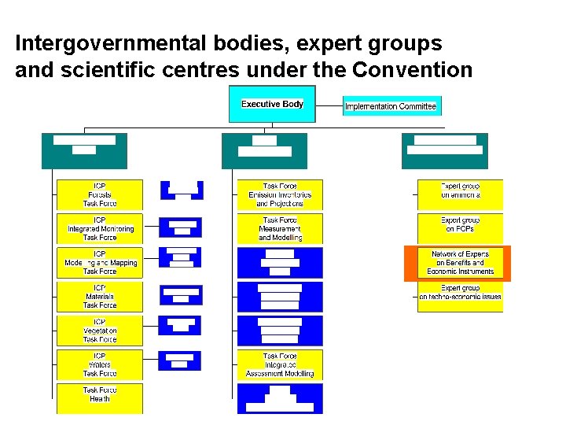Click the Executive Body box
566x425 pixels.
coord(272,105)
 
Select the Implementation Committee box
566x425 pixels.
coord(390,106)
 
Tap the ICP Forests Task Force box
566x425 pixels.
coord(100,194)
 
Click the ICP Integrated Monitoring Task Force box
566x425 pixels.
coord(100,228)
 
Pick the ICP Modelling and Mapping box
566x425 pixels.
coord(100,262)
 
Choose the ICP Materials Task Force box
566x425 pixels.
coord(100,296)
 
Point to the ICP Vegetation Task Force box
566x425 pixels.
coord(100,331)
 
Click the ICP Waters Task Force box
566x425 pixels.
coord(100,364)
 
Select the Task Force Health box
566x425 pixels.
coord(100,395)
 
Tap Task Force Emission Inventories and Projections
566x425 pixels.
coord(280,194)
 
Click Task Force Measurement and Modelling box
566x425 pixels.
coord(280,228)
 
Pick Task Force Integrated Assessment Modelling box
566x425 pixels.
coord(280,364)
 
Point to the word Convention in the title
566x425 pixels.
coord(413,70)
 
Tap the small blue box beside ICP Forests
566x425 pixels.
coord(182,190)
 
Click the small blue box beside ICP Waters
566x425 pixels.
coord(180,360)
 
